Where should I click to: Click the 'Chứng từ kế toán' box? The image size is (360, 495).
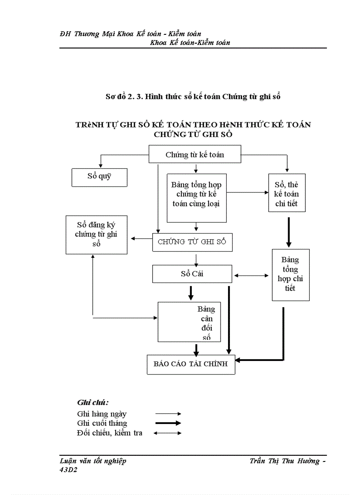[195, 155]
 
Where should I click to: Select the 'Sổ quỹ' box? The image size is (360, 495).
[99, 177]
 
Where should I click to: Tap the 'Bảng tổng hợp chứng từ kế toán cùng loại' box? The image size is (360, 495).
[196, 197]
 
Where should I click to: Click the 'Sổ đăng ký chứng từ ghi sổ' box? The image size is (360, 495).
[96, 234]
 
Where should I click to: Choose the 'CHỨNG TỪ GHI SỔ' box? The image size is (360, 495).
[192, 242]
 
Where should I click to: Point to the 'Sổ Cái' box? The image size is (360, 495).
[192, 274]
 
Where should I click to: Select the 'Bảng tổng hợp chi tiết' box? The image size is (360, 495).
[290, 275]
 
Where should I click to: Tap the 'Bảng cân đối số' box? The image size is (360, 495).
[189, 322]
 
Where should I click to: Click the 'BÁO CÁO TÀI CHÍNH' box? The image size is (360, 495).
[191, 364]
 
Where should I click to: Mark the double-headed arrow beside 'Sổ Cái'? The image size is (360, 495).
[251, 276]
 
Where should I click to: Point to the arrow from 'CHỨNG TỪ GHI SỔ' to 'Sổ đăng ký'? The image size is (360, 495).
[141, 239]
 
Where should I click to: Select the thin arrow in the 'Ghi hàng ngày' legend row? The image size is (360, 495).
[168, 414]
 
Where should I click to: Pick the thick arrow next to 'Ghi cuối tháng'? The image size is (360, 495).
[168, 423]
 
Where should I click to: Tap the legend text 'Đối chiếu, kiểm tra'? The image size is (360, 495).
[109, 433]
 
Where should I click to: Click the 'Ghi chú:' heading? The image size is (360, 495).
[93, 402]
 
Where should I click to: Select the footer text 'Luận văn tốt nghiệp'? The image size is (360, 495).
[93, 461]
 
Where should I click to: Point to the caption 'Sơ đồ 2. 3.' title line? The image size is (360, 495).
[193, 97]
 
